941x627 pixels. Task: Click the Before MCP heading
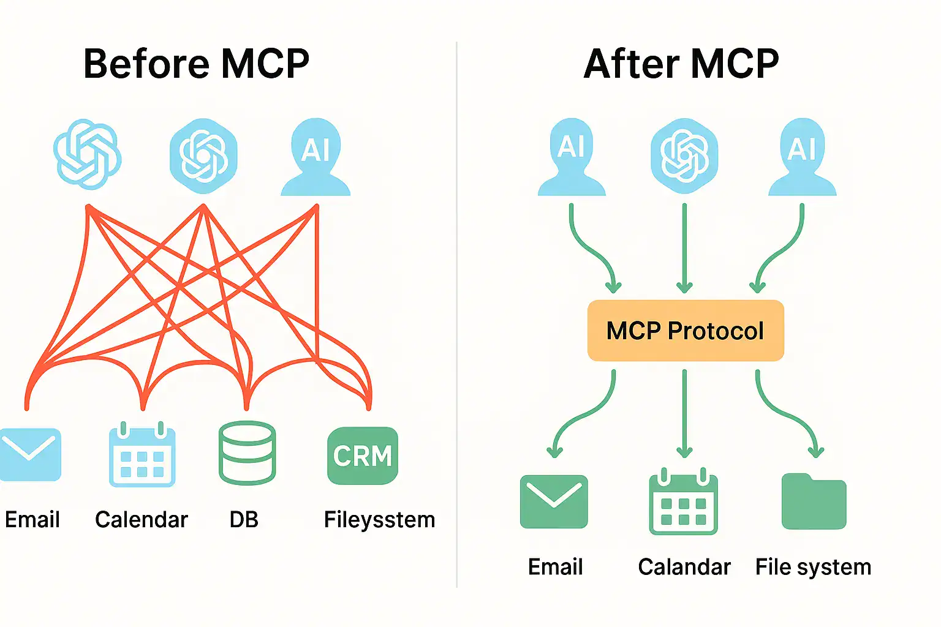[196, 64]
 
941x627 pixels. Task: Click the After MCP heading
[681, 64]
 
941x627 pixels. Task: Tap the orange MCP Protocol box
[685, 331]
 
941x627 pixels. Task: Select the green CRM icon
[363, 456]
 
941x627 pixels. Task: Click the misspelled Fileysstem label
[379, 520]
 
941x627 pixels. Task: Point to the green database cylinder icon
[247, 452]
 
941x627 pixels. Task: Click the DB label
[244, 520]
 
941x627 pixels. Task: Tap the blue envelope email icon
[29, 454]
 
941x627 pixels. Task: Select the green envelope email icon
[554, 501]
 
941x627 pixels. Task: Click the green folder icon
[814, 501]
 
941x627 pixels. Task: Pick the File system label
[813, 567]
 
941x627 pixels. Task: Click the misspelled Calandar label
[684, 567]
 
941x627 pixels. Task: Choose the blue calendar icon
[142, 456]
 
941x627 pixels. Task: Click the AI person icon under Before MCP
[316, 158]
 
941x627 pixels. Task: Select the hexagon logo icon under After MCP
[684, 156]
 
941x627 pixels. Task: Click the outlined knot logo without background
[87, 154]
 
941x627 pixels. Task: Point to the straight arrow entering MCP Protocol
[684, 248]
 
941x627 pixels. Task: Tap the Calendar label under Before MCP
[141, 520]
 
